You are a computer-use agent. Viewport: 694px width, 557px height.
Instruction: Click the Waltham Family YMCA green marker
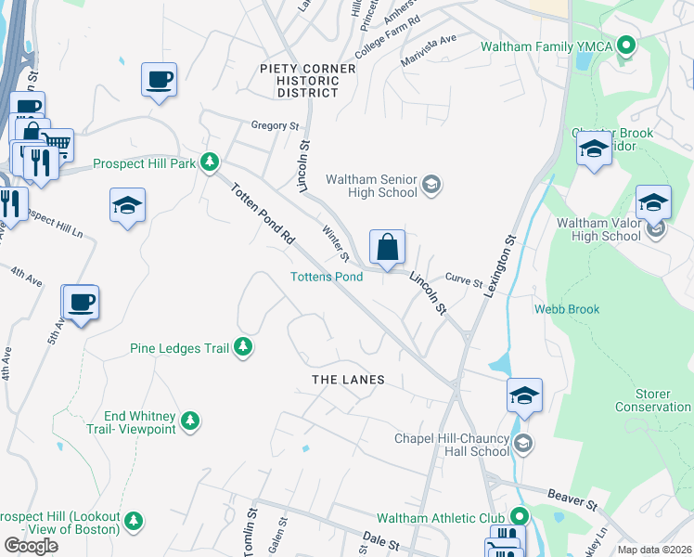(626, 45)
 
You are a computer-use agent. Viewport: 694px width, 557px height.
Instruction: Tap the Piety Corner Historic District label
(307, 81)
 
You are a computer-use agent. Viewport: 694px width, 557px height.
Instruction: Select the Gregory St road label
(275, 125)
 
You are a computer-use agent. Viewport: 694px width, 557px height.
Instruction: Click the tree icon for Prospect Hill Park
(211, 162)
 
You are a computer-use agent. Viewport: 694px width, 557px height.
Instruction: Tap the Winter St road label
(333, 243)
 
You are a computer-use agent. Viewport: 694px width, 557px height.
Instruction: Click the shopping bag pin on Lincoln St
(387, 248)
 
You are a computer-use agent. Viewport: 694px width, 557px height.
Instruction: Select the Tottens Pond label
(326, 277)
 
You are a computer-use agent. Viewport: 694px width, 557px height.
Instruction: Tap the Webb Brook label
(566, 309)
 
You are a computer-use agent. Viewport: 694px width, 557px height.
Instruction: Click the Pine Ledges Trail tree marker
(243, 347)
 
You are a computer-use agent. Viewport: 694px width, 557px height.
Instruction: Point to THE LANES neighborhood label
(347, 381)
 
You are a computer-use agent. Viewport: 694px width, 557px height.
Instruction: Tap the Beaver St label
(572, 502)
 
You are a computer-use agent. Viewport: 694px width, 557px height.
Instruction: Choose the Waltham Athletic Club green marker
(518, 516)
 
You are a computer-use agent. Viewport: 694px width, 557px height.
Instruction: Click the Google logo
(31, 546)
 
